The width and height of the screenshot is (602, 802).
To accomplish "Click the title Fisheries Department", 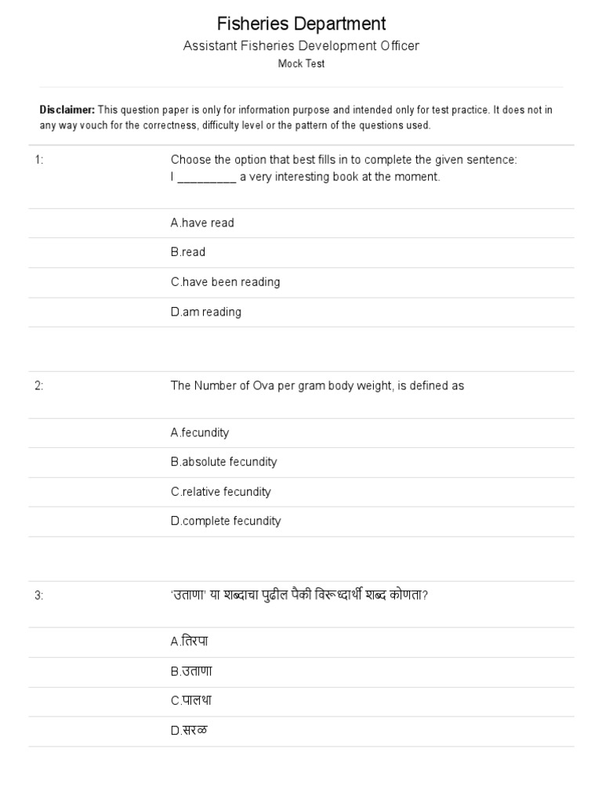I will tap(301, 24).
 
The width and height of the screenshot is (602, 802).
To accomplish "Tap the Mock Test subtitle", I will tap(301, 63).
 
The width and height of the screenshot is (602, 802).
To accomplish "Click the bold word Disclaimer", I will tap(67, 110).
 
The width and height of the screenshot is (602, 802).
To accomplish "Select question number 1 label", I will tap(38, 160).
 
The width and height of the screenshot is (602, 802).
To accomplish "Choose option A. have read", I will tap(202, 223).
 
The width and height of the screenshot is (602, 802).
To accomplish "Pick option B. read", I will tap(188, 252).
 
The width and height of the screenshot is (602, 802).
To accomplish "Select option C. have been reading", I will tap(225, 282).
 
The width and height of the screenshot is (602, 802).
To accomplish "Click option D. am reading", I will tap(206, 312).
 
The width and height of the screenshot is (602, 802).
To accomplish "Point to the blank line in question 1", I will tap(207, 178).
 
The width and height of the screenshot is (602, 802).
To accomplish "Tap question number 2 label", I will tap(38, 386).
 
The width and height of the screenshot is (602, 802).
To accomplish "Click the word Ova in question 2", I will tap(264, 385).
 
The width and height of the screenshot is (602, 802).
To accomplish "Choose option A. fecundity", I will tap(200, 432).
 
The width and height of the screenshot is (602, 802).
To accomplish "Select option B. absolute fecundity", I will tap(223, 462).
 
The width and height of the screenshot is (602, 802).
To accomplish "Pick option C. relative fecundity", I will tap(220, 492).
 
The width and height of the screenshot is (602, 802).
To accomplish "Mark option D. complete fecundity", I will tap(226, 522).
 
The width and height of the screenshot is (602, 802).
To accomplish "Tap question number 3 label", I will tap(38, 595).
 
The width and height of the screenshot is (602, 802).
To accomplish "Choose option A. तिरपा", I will tap(189, 641).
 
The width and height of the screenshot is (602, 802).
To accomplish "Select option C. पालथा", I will tap(191, 701).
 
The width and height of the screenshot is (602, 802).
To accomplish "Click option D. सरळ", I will tap(189, 731).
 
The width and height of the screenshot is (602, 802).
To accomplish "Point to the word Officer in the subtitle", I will tap(400, 45).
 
